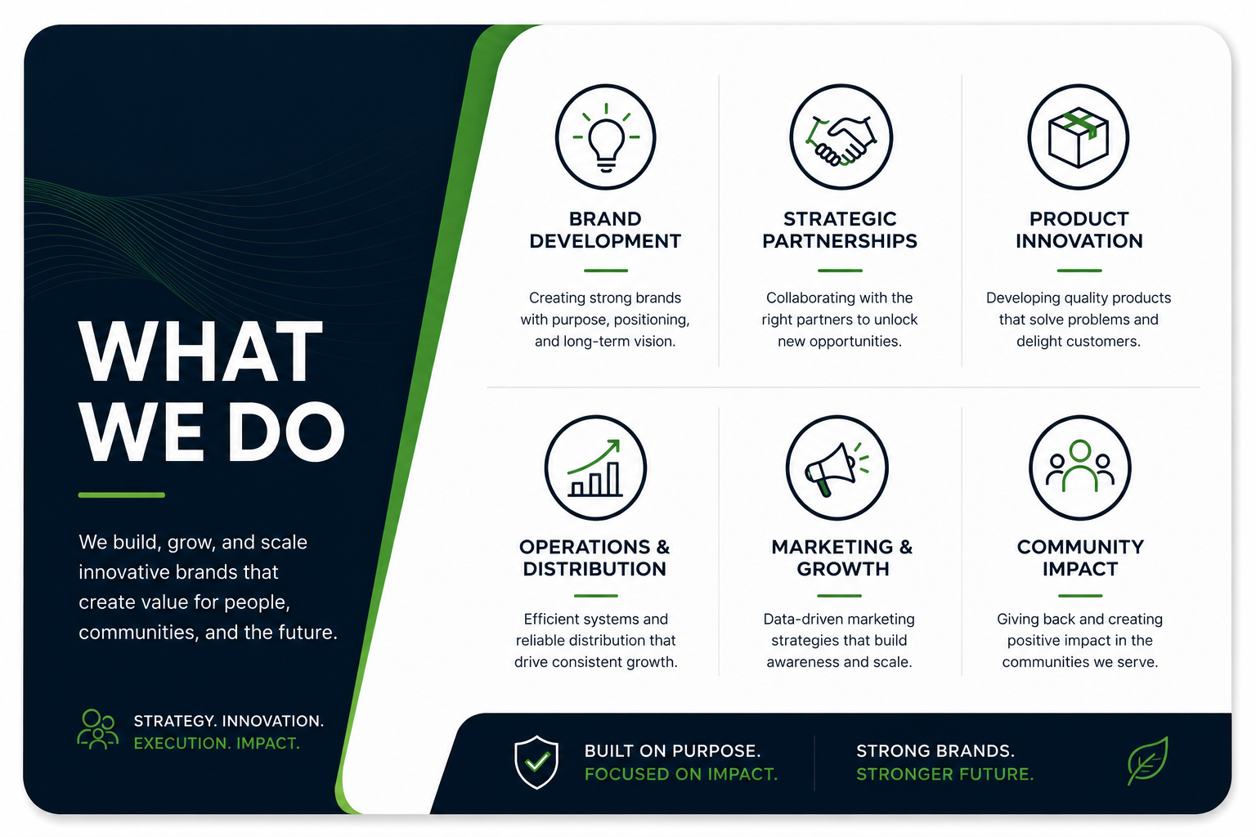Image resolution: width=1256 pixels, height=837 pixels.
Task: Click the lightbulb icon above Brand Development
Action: [606, 138]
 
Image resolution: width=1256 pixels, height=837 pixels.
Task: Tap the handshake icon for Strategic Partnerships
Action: [841, 140]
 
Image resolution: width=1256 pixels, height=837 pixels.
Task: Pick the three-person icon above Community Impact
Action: [1080, 467]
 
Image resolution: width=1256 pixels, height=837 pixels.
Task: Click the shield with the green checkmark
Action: [536, 763]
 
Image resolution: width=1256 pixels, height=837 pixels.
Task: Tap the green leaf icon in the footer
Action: [1147, 761]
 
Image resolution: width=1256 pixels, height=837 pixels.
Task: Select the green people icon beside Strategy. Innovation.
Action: [97, 729]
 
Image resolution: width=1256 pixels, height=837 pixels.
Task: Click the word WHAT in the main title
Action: [200, 351]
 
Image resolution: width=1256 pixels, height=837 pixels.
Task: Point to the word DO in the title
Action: [285, 432]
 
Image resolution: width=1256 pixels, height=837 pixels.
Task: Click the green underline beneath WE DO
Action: [122, 495]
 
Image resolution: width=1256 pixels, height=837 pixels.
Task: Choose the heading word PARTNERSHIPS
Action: [840, 241]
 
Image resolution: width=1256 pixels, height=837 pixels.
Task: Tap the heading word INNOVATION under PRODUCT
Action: [1079, 241]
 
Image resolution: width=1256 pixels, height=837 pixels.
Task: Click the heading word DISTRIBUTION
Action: [594, 569]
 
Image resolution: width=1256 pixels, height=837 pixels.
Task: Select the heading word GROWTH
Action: [843, 569]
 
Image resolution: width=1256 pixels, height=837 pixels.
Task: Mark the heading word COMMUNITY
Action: [1080, 547]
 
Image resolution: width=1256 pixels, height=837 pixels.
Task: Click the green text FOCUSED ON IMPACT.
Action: [680, 774]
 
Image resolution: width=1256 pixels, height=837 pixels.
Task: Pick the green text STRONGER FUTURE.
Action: [944, 774]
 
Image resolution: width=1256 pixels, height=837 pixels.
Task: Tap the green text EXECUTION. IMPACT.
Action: [217, 743]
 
